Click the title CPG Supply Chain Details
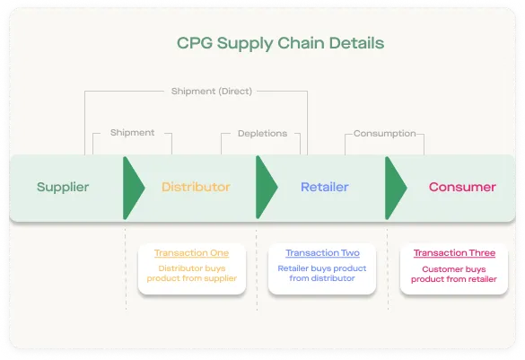280,43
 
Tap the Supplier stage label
63,188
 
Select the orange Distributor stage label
196,187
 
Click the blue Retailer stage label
325,187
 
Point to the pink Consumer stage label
462,187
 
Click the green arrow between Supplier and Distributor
133,188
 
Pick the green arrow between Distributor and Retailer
266,188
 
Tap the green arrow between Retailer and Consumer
395,188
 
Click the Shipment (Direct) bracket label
212,92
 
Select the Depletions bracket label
262,134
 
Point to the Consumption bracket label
385,134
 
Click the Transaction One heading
191,253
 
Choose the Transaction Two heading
322,253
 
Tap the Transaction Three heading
454,253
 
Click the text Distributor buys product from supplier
192,274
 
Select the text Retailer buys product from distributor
322,274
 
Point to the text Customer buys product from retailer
454,275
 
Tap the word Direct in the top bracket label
235,92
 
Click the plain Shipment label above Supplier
133,133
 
